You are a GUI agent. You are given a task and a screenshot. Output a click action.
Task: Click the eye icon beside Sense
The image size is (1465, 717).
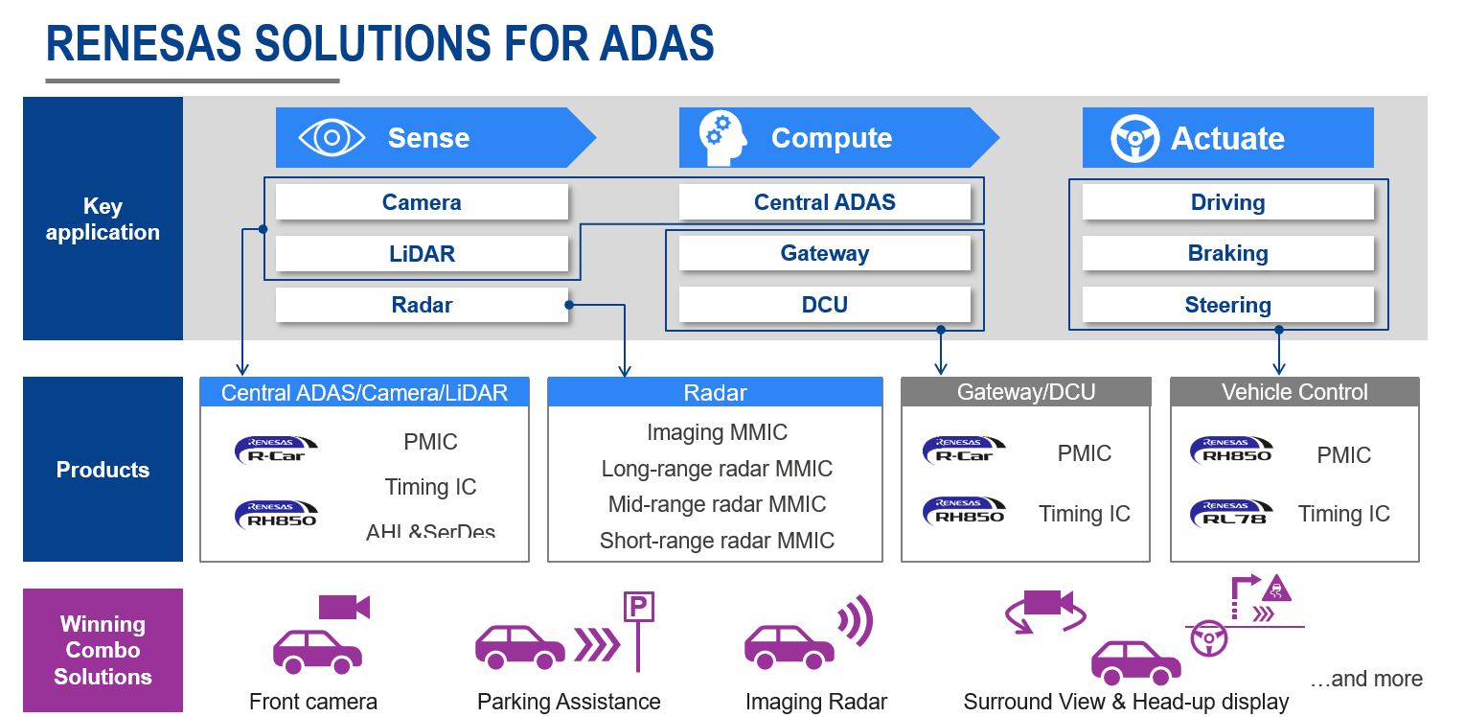click(332, 138)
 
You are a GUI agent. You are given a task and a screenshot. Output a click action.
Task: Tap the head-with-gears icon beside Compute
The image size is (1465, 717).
click(722, 138)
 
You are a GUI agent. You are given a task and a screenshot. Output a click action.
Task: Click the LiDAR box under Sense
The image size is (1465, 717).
click(422, 254)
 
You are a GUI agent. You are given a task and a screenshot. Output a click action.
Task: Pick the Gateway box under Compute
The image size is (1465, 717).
click(824, 254)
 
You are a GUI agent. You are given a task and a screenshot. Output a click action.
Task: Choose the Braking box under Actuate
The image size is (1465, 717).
click(1227, 254)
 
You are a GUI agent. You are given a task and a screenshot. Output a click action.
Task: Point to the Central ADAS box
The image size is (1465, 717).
click(824, 202)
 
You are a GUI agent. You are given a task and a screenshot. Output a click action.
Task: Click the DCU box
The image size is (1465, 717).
click(824, 305)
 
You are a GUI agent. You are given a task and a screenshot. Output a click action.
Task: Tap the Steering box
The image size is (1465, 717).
click(1227, 305)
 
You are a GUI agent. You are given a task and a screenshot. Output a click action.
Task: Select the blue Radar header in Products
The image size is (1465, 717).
click(715, 392)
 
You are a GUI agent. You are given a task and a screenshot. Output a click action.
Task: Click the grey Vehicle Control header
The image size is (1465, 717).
click(1294, 392)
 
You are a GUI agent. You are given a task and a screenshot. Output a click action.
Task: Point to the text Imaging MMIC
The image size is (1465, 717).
click(717, 432)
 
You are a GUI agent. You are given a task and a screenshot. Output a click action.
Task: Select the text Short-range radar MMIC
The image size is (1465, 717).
click(717, 541)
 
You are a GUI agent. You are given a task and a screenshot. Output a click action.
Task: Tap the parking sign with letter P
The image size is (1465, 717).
click(638, 608)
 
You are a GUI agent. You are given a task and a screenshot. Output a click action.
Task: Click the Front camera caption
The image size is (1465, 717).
click(313, 702)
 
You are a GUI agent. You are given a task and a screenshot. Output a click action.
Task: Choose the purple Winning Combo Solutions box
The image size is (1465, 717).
click(103, 650)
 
